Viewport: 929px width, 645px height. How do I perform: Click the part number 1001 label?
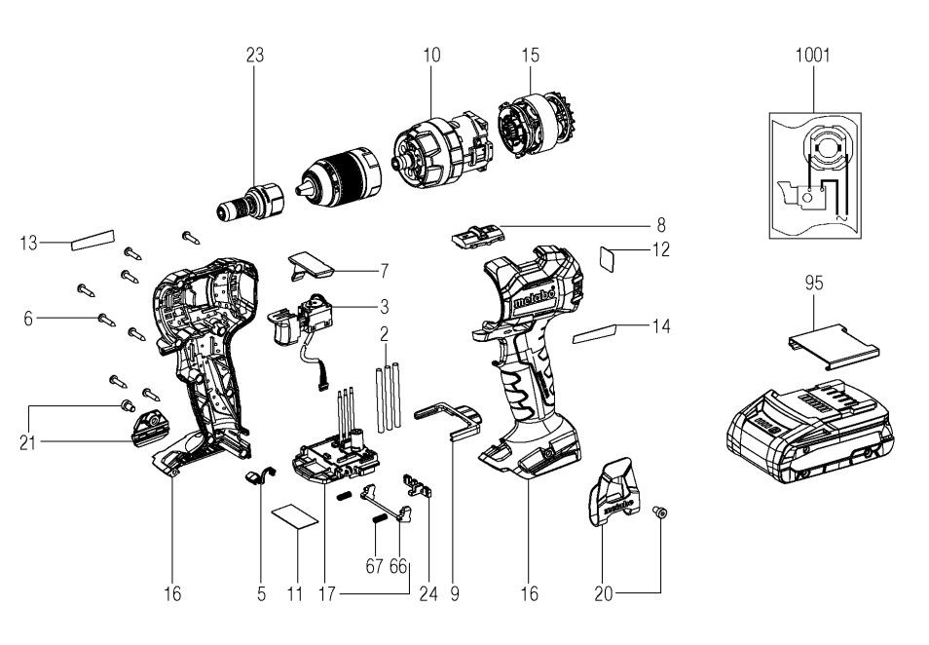[x=813, y=56]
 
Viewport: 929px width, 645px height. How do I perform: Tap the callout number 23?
[x=255, y=56]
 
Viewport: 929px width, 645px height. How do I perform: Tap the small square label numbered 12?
[x=609, y=258]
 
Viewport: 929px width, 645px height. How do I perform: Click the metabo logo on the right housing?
[x=535, y=298]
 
